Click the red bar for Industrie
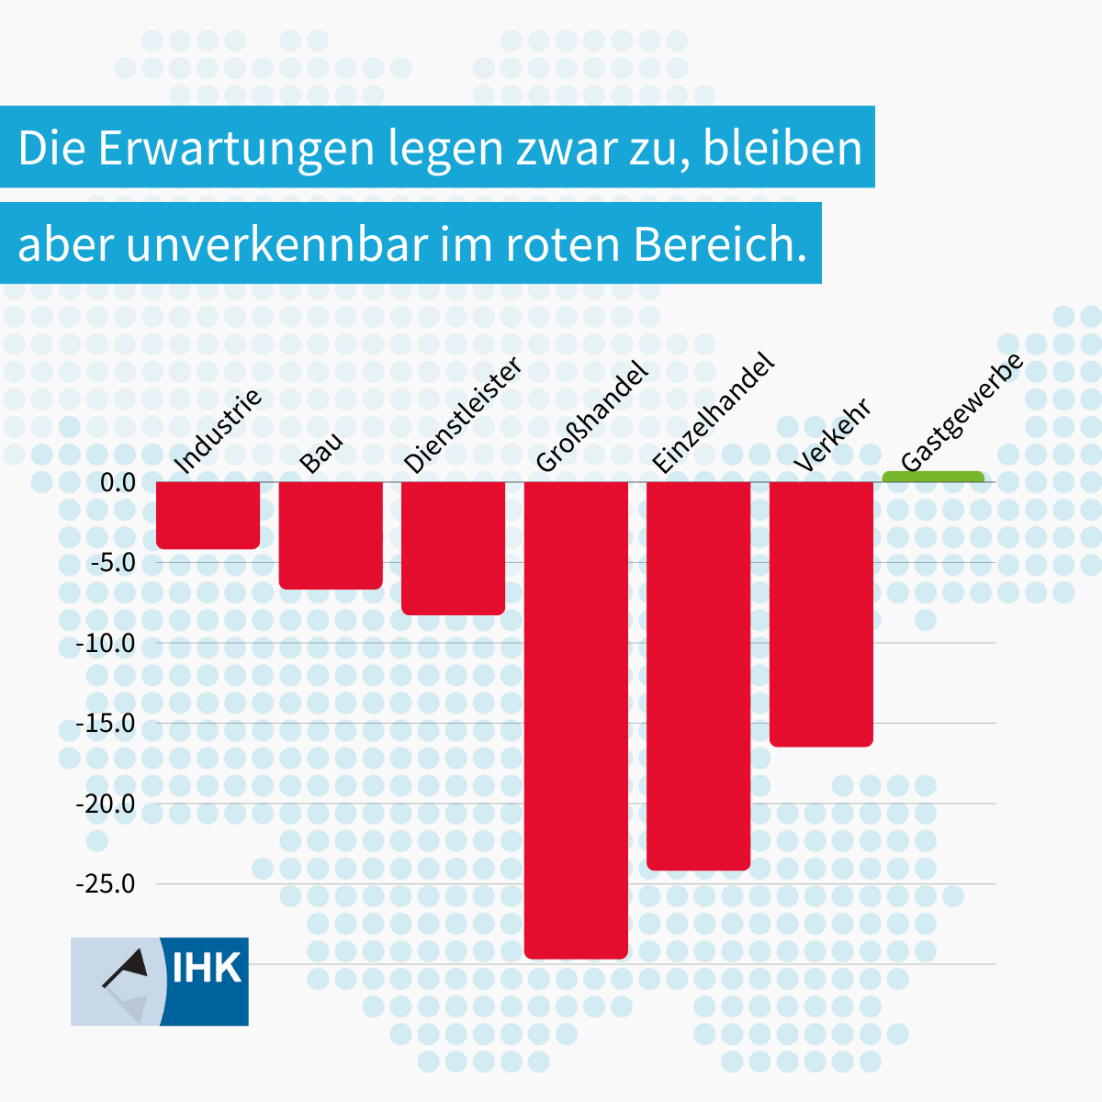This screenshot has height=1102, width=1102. (x=208, y=515)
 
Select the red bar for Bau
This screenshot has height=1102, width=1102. (x=331, y=535)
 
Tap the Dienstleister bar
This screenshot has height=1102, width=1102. (x=453, y=548)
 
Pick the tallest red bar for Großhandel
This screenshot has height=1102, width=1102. (x=576, y=720)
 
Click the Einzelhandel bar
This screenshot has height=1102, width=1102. (x=698, y=676)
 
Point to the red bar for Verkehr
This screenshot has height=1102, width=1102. (x=821, y=613)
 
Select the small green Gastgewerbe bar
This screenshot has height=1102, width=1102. (x=933, y=477)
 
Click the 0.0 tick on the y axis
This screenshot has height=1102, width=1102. (x=117, y=482)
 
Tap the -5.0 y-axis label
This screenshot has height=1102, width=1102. (x=111, y=562)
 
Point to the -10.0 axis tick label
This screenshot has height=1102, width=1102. (x=106, y=643)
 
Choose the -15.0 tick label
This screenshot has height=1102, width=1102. (x=106, y=724)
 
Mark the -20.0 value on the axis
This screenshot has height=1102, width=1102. (x=106, y=804)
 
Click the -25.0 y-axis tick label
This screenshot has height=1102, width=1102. (x=106, y=884)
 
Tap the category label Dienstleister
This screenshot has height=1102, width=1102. (x=463, y=415)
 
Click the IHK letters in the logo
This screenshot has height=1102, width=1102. (x=207, y=968)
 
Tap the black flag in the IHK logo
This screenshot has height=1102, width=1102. (x=129, y=966)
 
